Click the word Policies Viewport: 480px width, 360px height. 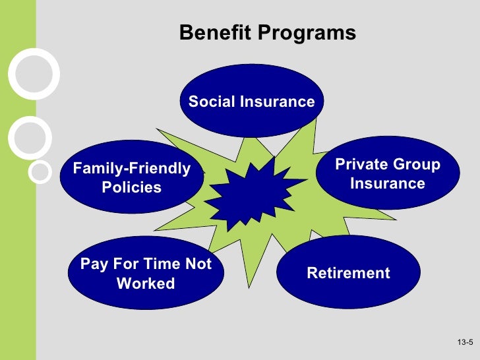tap(131, 187)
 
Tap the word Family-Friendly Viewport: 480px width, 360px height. tap(131, 169)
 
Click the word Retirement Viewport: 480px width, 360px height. tap(348, 273)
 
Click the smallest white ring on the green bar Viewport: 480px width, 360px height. tap(40, 172)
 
